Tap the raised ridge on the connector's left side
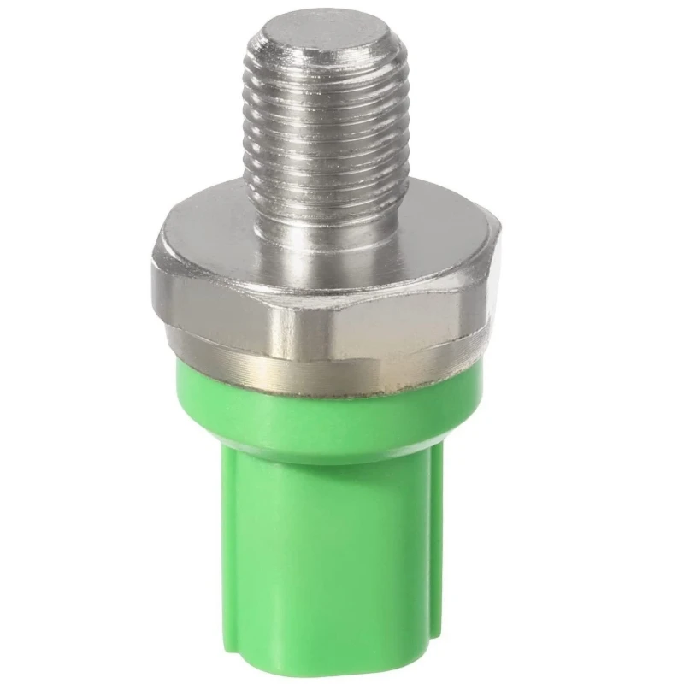coord(221,547)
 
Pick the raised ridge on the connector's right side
coord(438,547)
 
